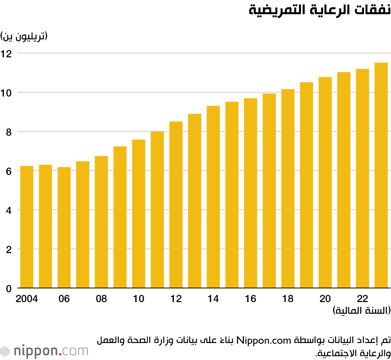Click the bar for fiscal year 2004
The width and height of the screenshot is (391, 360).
[x=27, y=227]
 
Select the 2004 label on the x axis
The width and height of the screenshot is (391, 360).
[x=27, y=299]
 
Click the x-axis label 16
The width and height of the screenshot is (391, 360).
[x=251, y=299]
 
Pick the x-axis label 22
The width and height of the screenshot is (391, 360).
[x=362, y=299]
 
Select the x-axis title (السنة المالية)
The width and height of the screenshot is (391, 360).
[x=362, y=311]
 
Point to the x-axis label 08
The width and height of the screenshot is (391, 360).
[x=101, y=299]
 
